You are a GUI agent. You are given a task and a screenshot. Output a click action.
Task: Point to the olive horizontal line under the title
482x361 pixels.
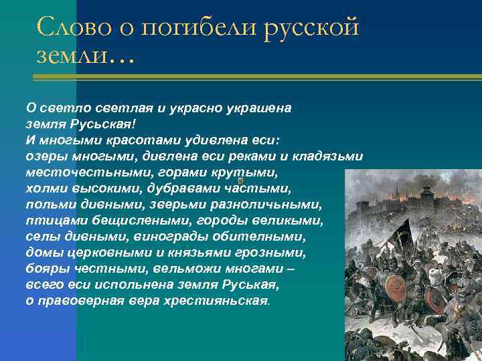click(254, 78)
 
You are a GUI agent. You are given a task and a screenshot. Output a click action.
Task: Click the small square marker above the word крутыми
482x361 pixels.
click(240, 180)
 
